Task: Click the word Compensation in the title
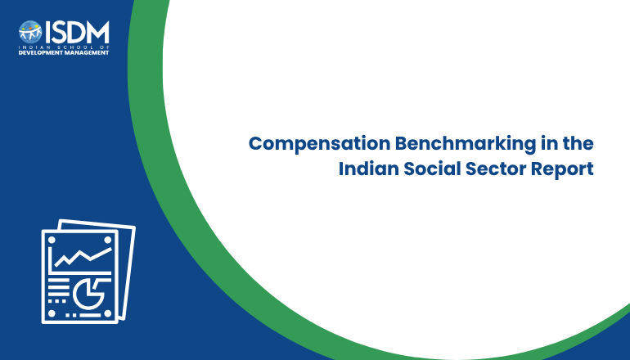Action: [319, 144]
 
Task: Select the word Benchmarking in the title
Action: [466, 144]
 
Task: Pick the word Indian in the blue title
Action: [368, 169]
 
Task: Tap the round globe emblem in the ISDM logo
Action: [30, 32]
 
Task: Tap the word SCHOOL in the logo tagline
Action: [76, 47]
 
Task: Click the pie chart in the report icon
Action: [90, 294]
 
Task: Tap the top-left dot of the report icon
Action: [52, 240]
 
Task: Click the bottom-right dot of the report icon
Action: [108, 314]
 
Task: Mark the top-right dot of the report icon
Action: [108, 240]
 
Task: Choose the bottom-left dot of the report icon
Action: [52, 314]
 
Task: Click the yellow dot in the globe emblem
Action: [37, 26]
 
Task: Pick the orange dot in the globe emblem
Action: [30, 27]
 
